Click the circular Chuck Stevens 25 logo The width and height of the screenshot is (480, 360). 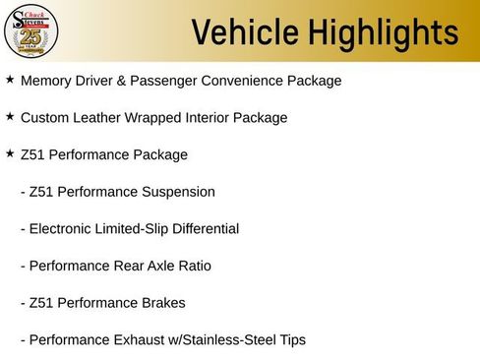(x=30, y=30)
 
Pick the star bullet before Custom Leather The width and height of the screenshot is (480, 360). (x=10, y=117)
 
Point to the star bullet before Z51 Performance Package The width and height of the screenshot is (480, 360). (x=10, y=153)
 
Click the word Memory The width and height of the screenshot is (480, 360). (x=48, y=81)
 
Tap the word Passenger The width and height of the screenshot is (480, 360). (x=180, y=81)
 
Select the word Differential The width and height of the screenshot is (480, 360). (x=204, y=229)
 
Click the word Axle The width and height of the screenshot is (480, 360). (x=156, y=266)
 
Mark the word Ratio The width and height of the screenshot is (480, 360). (x=193, y=266)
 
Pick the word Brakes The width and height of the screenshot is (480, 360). (x=162, y=303)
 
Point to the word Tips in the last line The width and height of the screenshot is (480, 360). (x=290, y=340)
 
